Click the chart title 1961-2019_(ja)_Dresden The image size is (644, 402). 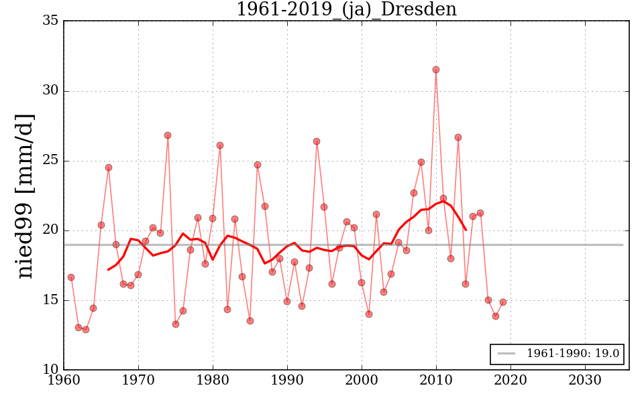pyautogui.click(x=346, y=9)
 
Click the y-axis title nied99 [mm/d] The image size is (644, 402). pyautogui.click(x=25, y=196)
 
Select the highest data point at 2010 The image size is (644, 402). pyautogui.click(x=436, y=70)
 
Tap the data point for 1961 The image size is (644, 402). pyautogui.click(x=71, y=277)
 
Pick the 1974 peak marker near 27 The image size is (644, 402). pyautogui.click(x=168, y=135)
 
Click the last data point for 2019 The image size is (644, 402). pyautogui.click(x=503, y=302)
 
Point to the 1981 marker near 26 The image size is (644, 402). pyautogui.click(x=220, y=145)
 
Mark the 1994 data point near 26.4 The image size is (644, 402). pyautogui.click(x=317, y=141)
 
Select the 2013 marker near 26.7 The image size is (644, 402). pyautogui.click(x=458, y=137)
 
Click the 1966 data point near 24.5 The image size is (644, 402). pyautogui.click(x=109, y=167)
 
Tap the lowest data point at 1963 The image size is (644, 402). pyautogui.click(x=86, y=330)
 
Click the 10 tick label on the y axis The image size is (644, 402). pyautogui.click(x=50, y=370)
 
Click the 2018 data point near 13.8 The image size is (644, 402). pyautogui.click(x=496, y=316)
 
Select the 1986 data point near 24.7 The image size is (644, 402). pyautogui.click(x=258, y=165)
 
